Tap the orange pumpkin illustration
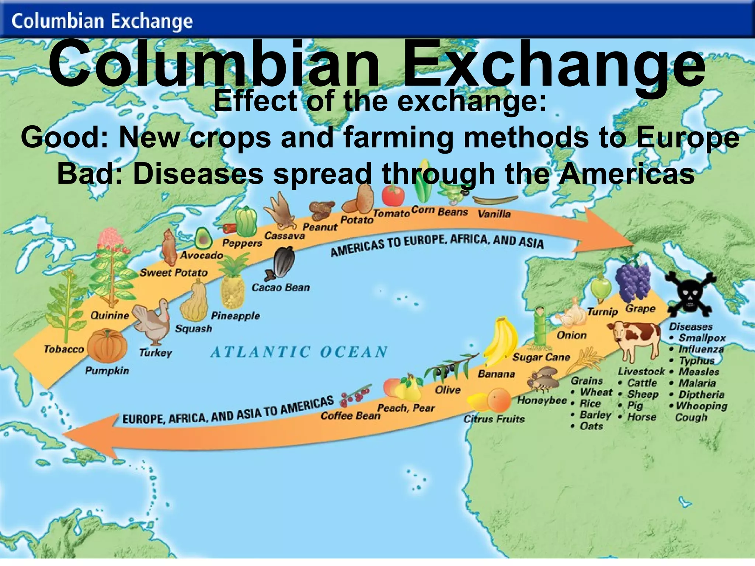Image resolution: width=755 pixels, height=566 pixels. coord(107,346)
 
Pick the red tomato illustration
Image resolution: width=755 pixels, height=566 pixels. coord(393,195)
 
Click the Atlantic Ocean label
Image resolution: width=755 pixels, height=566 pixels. coord(299,352)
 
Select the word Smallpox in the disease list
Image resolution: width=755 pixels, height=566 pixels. coord(702,338)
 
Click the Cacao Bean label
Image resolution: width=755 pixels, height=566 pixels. coord(281,287)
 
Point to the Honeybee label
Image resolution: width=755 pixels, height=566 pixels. coord(542,400)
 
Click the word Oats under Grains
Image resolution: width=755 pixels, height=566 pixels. coord(591,426)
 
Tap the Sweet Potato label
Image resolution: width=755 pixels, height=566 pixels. coord(173,273)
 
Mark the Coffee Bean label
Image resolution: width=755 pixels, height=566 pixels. coord(350,416)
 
